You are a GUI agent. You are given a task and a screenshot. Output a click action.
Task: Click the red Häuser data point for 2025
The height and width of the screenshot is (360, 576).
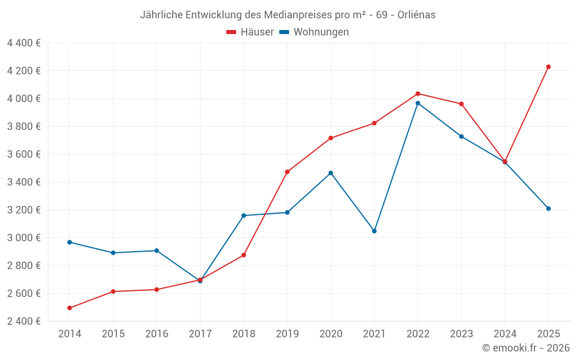tap(548, 67)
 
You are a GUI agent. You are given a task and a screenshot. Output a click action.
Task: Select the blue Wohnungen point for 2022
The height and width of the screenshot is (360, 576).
tap(418, 103)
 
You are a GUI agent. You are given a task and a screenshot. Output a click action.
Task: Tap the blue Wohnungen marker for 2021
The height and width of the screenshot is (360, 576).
tap(374, 231)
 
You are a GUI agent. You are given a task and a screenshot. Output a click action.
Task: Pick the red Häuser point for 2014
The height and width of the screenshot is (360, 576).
tap(70, 308)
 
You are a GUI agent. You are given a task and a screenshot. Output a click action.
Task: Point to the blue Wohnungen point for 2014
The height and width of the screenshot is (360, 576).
tap(70, 242)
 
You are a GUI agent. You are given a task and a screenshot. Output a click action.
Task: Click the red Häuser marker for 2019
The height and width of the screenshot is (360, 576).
tap(287, 172)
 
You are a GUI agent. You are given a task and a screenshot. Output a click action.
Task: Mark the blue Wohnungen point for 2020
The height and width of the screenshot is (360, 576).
tap(331, 173)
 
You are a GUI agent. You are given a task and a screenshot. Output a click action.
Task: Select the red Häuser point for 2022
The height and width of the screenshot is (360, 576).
tap(418, 93)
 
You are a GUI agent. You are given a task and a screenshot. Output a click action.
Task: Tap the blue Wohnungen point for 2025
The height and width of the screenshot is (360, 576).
tap(548, 209)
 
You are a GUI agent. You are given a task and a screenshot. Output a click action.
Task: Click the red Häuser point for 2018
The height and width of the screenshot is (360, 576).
tap(244, 255)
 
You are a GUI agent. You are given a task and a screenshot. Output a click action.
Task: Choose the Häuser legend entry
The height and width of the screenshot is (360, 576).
tap(251, 32)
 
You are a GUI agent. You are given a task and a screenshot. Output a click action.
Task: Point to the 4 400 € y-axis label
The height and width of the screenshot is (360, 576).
tap(24, 43)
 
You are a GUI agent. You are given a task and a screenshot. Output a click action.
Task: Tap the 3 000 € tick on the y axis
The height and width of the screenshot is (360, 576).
tap(24, 238)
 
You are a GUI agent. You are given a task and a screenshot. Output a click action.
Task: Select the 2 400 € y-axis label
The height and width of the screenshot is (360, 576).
tap(24, 321)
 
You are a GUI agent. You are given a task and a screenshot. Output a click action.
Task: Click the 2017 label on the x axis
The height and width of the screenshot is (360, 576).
tap(200, 334)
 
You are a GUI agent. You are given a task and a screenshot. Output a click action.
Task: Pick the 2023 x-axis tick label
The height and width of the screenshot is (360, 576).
tap(461, 334)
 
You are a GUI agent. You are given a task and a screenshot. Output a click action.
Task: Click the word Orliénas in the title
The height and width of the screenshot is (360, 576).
tap(416, 15)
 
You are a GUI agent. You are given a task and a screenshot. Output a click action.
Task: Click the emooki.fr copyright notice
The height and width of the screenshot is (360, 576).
tap(525, 348)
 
